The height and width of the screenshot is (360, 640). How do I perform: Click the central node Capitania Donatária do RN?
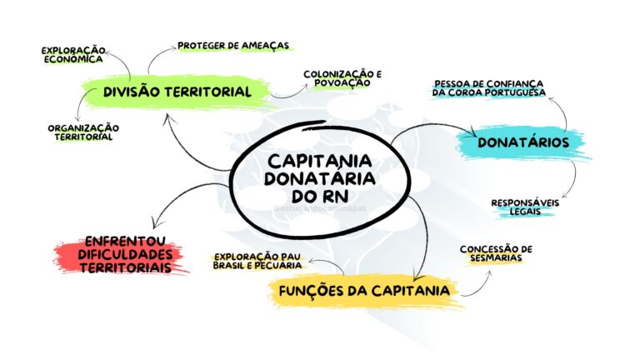320,179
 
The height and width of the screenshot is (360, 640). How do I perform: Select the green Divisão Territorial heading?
177,92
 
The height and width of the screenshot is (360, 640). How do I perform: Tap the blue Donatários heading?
523,142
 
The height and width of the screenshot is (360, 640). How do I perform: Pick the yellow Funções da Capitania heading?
364,291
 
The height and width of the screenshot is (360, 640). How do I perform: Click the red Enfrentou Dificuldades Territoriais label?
125,254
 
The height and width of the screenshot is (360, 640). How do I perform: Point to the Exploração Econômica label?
73,55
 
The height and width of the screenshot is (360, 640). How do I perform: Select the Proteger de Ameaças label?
233,45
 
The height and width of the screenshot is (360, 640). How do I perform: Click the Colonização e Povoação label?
342,78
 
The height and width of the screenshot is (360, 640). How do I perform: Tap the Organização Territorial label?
83,132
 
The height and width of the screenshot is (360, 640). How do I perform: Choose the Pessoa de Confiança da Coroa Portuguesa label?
489,88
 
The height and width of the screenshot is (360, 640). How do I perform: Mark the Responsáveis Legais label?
525,207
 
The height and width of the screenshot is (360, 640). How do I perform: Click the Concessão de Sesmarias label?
496,253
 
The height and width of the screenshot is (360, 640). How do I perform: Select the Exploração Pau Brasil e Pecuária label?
257,261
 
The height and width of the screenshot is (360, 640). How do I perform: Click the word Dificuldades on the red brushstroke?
125,254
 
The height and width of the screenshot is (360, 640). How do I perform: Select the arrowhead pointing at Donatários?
473,132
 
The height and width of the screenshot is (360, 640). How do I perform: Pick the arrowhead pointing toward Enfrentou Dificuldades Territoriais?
155,223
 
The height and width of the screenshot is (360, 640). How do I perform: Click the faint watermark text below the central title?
320,208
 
